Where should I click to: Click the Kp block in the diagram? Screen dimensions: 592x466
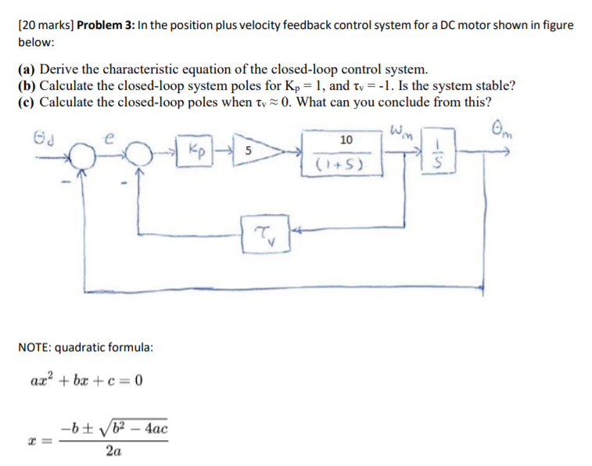pos(196,149)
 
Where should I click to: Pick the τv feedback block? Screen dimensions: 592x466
pos(266,232)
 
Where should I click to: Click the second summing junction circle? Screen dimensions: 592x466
pos(139,155)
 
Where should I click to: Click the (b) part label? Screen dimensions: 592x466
pos(28,85)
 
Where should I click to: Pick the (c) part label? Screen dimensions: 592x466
pos(28,102)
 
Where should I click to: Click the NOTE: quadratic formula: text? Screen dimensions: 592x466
pos(85,346)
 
